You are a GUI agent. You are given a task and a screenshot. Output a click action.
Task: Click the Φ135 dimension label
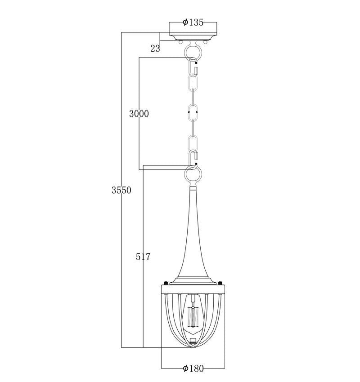point(193,22)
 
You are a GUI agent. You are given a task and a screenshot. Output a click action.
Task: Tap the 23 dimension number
point(155,49)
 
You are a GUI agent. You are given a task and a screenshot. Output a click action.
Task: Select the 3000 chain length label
point(139,114)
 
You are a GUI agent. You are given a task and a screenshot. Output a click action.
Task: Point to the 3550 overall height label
point(121,190)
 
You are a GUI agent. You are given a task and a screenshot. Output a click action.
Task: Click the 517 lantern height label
point(143,257)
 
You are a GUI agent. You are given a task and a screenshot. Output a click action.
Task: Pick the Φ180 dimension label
point(193,369)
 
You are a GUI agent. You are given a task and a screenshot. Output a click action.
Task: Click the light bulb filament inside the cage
point(193,317)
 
